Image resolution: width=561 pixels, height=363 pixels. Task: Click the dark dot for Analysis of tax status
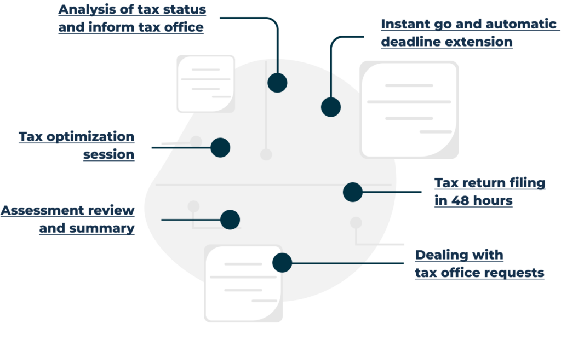277,83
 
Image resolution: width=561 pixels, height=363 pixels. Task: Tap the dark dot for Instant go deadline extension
330,107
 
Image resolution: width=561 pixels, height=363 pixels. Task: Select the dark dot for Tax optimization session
220,148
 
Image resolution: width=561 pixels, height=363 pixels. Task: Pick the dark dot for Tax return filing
352,192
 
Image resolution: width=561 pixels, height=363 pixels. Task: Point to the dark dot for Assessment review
230,220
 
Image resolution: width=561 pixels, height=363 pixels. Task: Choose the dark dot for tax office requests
282,263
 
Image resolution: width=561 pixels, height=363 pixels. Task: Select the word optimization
90,137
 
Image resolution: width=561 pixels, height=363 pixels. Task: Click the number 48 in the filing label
459,200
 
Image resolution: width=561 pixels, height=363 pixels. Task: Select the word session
109,154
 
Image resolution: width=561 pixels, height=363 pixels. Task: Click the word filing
528,183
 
